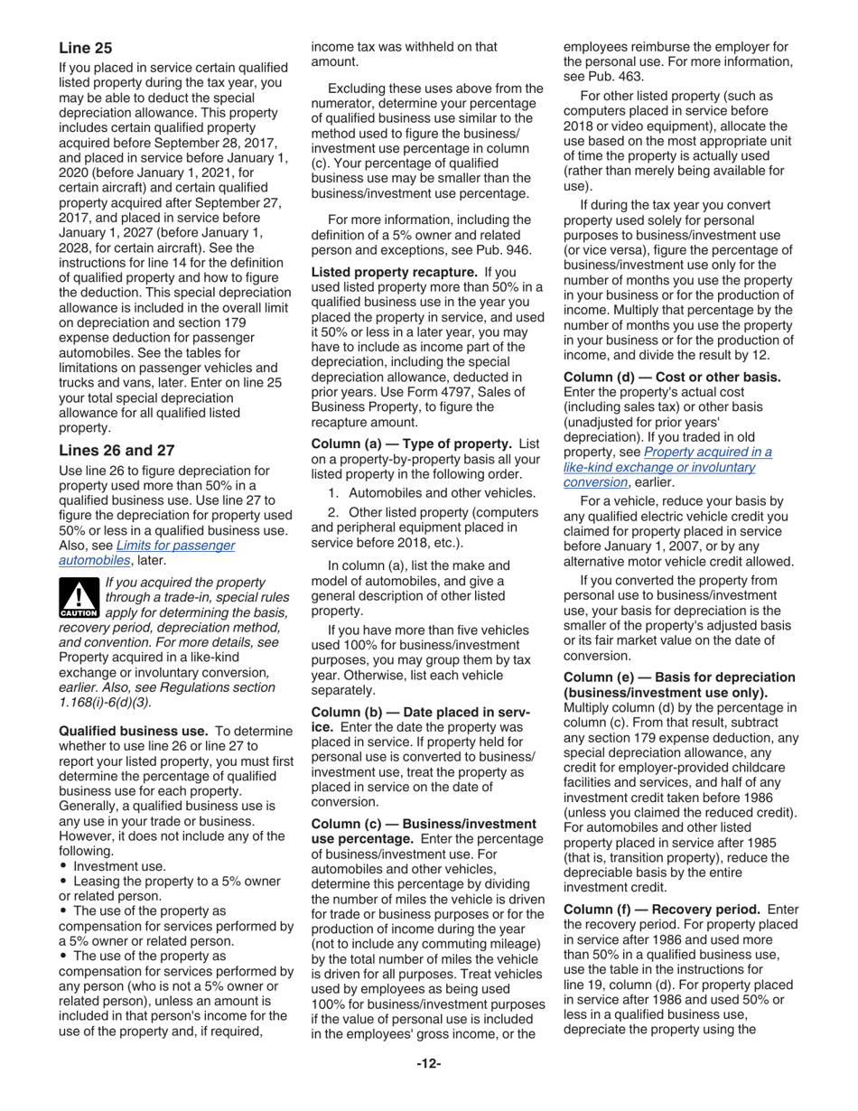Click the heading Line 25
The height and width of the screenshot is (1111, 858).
tap(85, 46)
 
